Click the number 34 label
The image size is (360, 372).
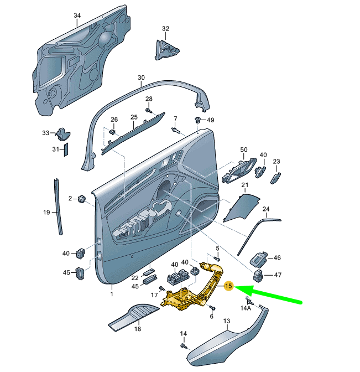click(x=76, y=15)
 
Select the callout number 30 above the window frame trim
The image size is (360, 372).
click(x=141, y=77)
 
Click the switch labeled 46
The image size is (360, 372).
click(x=259, y=259)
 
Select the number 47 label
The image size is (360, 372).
click(x=278, y=275)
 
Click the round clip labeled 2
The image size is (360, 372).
click(x=82, y=198)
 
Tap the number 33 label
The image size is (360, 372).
click(x=46, y=133)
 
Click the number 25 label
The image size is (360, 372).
click(x=133, y=117)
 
